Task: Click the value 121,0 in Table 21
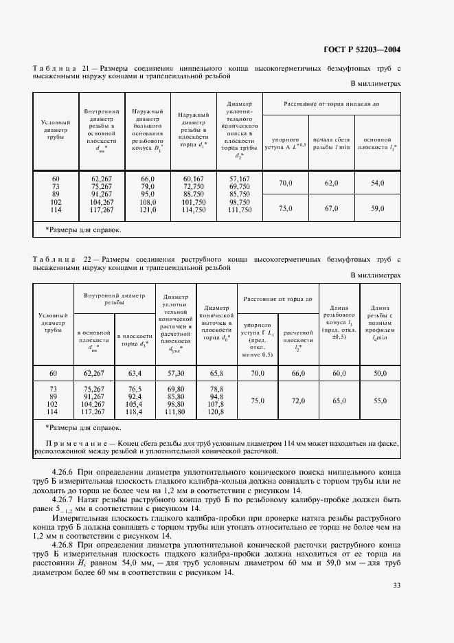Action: (x=148, y=210)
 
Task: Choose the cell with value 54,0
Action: (x=377, y=183)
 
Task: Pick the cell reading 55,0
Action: (x=379, y=400)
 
